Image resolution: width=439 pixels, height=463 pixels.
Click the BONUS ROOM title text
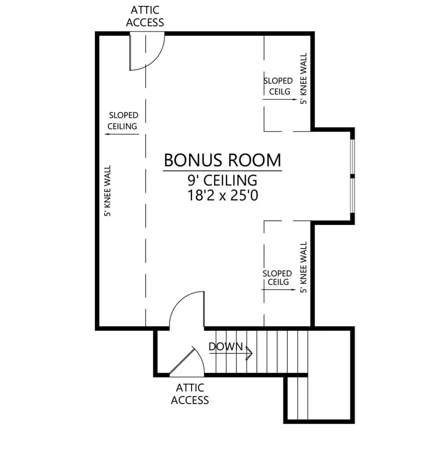222,160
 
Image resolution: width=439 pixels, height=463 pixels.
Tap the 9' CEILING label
222,180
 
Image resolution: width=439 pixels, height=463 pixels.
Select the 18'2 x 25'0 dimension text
223,195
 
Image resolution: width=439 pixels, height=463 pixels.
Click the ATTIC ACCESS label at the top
145,16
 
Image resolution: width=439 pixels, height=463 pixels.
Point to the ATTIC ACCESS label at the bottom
190,394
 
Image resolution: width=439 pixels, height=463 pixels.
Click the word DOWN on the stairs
225,346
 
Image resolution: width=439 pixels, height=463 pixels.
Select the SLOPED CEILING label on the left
123,120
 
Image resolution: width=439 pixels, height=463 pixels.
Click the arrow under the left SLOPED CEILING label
122,134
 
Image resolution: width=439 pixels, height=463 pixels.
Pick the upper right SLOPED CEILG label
278,86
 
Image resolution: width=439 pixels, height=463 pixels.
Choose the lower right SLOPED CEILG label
277,277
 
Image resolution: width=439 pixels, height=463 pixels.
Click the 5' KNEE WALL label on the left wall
107,191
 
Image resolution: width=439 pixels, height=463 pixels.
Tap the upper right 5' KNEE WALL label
303,78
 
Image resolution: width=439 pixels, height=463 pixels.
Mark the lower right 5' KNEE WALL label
303,267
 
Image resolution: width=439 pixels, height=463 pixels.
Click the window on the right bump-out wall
352,176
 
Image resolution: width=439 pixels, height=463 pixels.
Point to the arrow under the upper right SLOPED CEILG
279,99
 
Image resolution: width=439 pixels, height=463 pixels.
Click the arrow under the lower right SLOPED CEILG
279,290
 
